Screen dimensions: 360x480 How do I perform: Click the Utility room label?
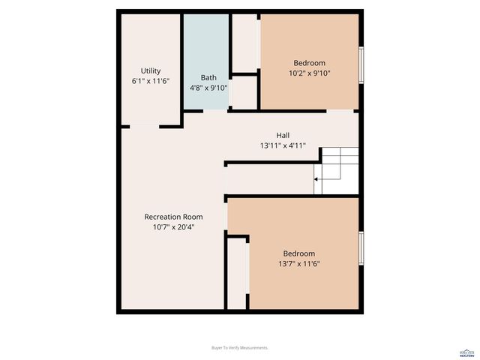coord(151,70)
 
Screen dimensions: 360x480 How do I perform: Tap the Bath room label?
coord(208,77)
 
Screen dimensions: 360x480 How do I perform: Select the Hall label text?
coord(283,135)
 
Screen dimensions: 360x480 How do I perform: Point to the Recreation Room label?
coord(173,217)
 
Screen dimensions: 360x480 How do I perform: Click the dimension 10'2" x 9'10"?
coord(310,73)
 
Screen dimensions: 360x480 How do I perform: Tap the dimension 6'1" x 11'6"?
coord(151,80)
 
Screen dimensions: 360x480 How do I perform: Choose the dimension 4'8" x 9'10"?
coord(208,87)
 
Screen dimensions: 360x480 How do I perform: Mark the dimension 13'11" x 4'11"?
coord(283,145)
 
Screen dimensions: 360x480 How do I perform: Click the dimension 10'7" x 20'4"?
coord(173,227)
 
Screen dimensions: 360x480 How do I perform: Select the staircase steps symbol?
coord(339,170)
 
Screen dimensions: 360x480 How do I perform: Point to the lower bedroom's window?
coord(361,248)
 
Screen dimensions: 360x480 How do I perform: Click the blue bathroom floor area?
coord(205,45)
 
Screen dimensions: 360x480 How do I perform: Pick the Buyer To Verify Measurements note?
coord(240,348)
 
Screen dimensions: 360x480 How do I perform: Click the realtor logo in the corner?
coord(466,351)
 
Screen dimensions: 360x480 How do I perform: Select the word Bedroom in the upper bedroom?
coord(310,63)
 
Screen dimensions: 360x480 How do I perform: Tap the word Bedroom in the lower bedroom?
coord(298,253)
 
